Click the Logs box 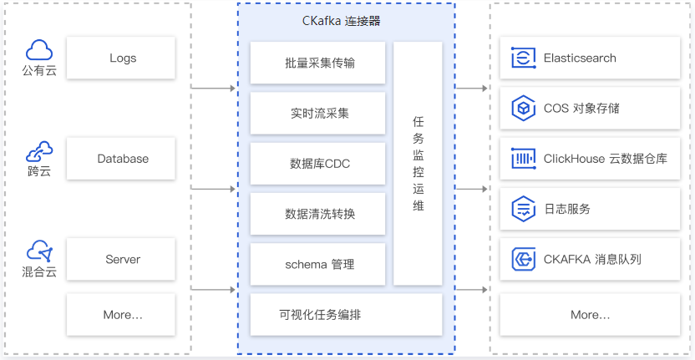coord(121,58)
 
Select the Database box coord(121,159)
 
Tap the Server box coord(121,260)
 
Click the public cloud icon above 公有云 coord(39,50)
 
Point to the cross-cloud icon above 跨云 coord(39,152)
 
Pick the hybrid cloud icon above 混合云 coord(39,251)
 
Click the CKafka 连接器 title coord(342,21)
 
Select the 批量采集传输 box coord(317,63)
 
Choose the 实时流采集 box coord(317,114)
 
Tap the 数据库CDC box coord(317,164)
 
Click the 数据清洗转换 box coord(317,214)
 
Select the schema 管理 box coord(317,265)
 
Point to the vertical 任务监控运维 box coord(418,164)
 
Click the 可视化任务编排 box coord(346,315)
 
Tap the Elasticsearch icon coord(524,58)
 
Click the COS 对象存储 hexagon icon coord(524,109)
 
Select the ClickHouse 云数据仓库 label coord(606,159)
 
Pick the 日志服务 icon coord(524,209)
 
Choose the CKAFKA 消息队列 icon coord(524,260)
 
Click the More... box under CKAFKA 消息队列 coord(590,315)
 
